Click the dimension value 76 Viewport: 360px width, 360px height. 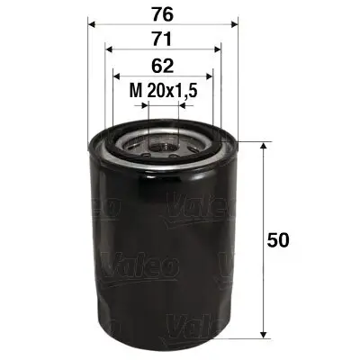pyautogui.click(x=162, y=14)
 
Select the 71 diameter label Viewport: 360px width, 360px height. pyautogui.click(x=162, y=40)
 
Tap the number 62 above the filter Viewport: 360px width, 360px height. pyautogui.click(x=162, y=65)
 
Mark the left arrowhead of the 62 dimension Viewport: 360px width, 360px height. pyautogui.click(x=115, y=76)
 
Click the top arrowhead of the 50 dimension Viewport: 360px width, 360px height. pyautogui.click(x=263, y=148)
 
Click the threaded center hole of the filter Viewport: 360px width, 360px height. pyautogui.click(x=162, y=140)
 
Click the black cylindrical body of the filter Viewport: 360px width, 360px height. pyautogui.click(x=162, y=252)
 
